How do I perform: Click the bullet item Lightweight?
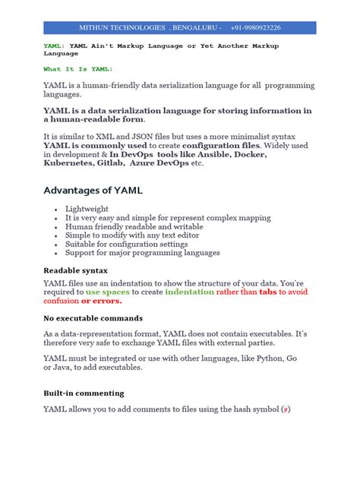click(87, 208)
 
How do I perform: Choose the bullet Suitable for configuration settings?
click(126, 245)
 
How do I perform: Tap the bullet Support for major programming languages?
click(143, 253)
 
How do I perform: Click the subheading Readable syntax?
click(76, 270)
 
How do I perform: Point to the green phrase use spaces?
click(108, 291)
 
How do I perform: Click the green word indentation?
click(189, 291)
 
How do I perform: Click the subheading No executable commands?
click(93, 318)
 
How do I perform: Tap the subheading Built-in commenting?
click(84, 393)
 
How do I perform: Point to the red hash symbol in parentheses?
click(285, 410)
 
